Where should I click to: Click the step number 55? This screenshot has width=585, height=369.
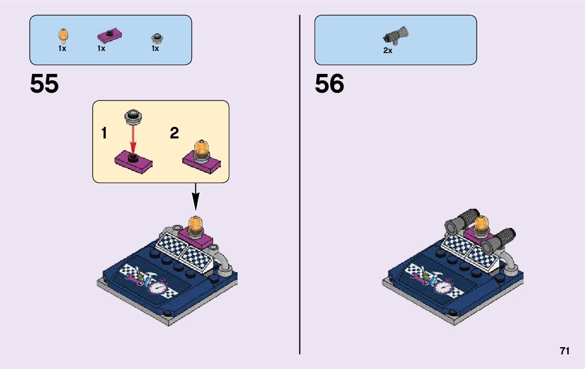coord(44,84)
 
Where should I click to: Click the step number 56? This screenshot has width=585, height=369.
coord(329,84)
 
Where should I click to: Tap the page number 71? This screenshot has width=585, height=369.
coord(565,351)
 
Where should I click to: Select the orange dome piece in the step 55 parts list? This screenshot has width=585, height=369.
coord(63,36)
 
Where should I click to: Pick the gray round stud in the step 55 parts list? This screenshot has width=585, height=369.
coord(155,38)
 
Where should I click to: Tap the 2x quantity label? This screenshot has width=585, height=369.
coord(388,50)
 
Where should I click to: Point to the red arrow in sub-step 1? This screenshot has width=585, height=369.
coord(133,138)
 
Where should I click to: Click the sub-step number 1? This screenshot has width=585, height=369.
coord(104,133)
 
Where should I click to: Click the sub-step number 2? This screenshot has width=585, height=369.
coord(174,133)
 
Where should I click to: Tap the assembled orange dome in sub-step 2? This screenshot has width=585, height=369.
coord(201,148)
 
